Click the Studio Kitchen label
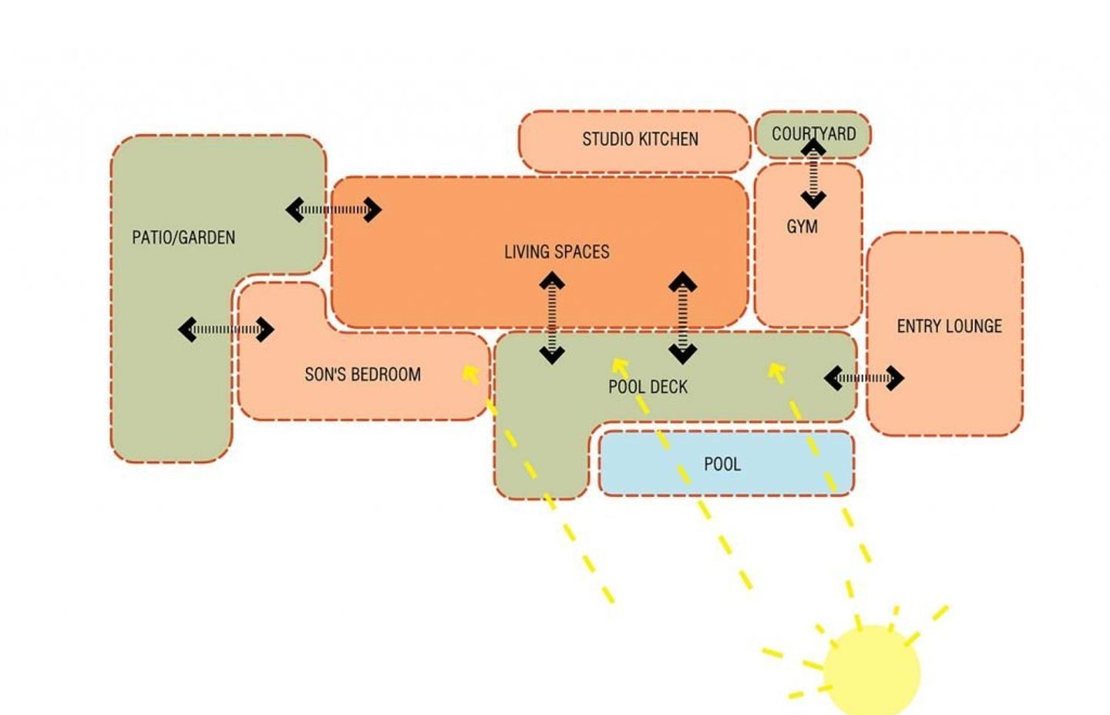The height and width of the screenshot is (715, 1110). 640,139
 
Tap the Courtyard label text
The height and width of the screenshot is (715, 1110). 813,133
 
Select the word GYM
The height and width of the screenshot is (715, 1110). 802,227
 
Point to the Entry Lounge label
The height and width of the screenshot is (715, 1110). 949,326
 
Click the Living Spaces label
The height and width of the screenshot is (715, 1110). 557,252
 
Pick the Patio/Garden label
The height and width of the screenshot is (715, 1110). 183,237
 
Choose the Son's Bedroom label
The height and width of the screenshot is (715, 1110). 362,374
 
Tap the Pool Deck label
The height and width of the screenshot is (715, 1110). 647,387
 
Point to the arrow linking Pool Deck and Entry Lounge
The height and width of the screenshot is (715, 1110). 863,378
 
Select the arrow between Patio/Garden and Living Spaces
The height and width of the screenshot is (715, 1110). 333,210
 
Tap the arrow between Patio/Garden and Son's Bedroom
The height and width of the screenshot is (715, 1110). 226,330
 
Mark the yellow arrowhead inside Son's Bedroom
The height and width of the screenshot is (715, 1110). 469,374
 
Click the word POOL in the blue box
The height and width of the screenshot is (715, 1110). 722,464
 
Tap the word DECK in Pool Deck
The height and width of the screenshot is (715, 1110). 669,387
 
